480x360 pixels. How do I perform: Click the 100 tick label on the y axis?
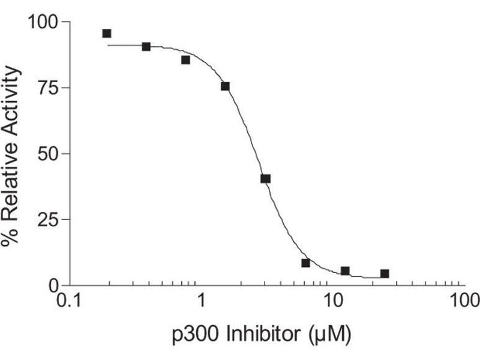[x=43, y=23]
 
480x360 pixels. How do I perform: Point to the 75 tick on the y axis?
[x=48, y=88]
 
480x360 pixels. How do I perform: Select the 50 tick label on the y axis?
[x=48, y=154]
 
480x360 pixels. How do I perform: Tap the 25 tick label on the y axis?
[x=48, y=220]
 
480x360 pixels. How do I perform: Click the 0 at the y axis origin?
[x=55, y=285]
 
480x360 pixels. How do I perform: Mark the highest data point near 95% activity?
[x=107, y=34]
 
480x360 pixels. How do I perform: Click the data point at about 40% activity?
[x=265, y=179]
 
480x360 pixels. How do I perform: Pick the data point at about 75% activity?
[x=225, y=86]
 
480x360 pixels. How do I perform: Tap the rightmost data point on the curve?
[x=385, y=274]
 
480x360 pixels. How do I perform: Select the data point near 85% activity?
[x=185, y=60]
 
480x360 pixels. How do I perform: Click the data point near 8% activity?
[x=305, y=263]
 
